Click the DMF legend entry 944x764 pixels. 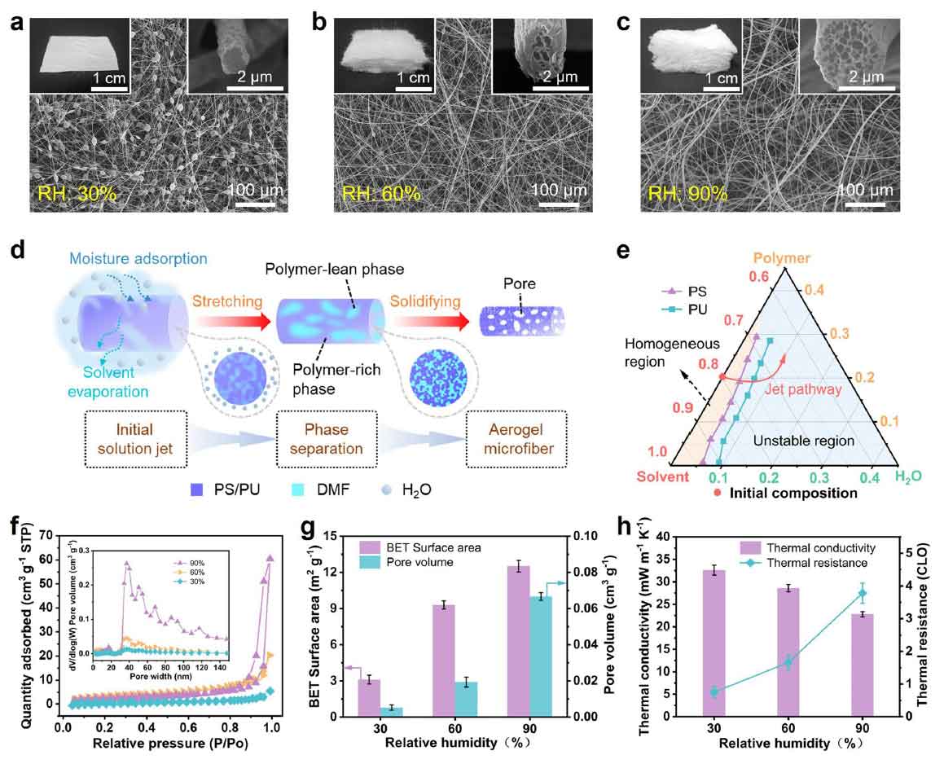tap(308, 492)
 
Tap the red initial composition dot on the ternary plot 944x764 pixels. tap(722, 376)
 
